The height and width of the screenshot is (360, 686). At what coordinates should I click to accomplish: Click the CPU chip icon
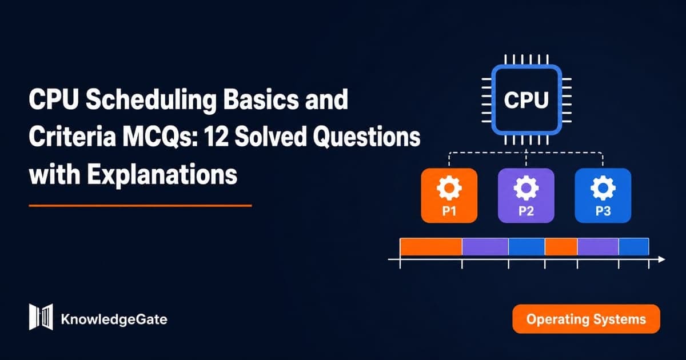(527, 100)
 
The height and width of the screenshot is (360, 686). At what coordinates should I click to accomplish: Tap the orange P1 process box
(449, 195)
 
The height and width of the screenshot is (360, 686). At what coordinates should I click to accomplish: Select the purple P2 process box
(526, 195)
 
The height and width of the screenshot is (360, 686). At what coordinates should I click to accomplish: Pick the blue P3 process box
(603, 195)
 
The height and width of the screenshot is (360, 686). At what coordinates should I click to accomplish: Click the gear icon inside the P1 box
(449, 187)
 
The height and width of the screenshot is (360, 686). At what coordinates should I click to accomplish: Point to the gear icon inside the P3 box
(603, 187)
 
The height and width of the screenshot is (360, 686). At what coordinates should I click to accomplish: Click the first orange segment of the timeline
(431, 247)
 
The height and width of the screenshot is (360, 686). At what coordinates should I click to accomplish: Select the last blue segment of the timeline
(633, 247)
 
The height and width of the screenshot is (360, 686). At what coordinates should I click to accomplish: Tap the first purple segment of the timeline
(485, 247)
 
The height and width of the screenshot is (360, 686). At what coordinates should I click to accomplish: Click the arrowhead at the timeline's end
(661, 259)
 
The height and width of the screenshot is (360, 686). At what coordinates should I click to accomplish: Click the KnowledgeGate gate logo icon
(41, 317)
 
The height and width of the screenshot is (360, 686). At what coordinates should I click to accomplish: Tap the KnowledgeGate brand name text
(114, 319)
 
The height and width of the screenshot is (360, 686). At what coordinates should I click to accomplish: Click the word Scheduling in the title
(151, 100)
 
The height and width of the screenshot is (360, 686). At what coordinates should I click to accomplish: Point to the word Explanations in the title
(162, 175)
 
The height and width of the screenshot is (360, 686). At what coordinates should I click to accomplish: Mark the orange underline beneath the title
(140, 206)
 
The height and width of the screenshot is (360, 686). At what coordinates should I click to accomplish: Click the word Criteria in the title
(72, 137)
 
